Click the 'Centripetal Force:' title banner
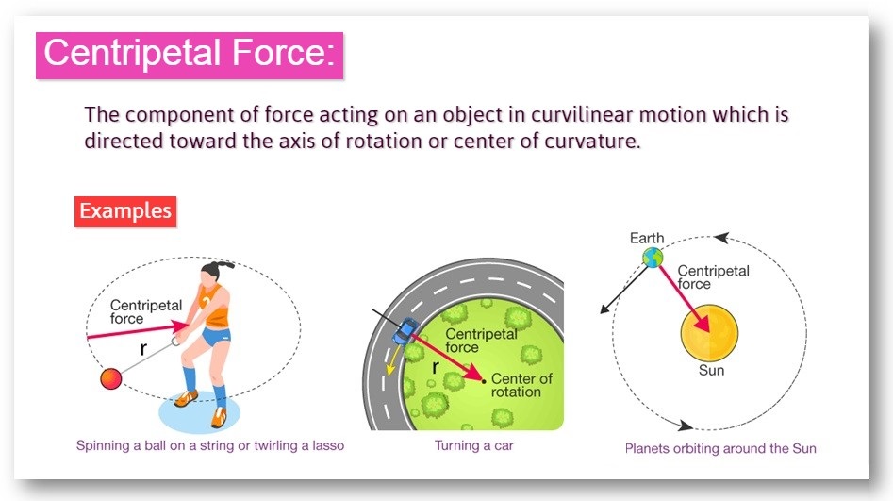click(189, 53)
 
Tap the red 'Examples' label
click(125, 210)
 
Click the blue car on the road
click(405, 332)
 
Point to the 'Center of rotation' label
click(522, 385)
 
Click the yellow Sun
click(709, 332)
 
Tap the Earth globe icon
click(653, 257)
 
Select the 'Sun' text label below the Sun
click(711, 371)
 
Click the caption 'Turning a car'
click(473, 445)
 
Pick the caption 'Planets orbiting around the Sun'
click(719, 449)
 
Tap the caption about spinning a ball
click(210, 445)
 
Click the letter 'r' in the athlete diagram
click(145, 347)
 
